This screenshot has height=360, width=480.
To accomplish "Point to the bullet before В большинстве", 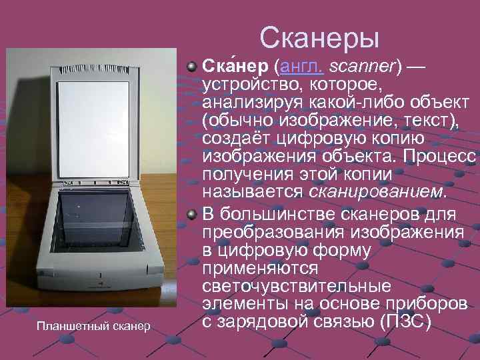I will (x=192, y=215).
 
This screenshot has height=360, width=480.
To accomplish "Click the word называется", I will (x=254, y=192).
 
